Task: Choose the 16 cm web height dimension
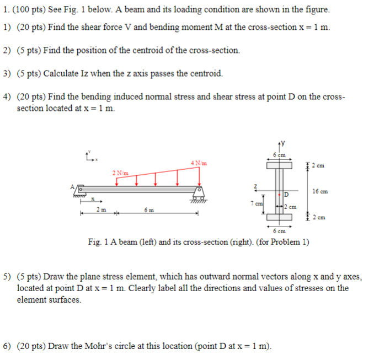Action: (x=319, y=191)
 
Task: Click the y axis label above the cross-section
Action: (x=285, y=144)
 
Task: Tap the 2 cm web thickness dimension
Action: (x=291, y=207)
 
